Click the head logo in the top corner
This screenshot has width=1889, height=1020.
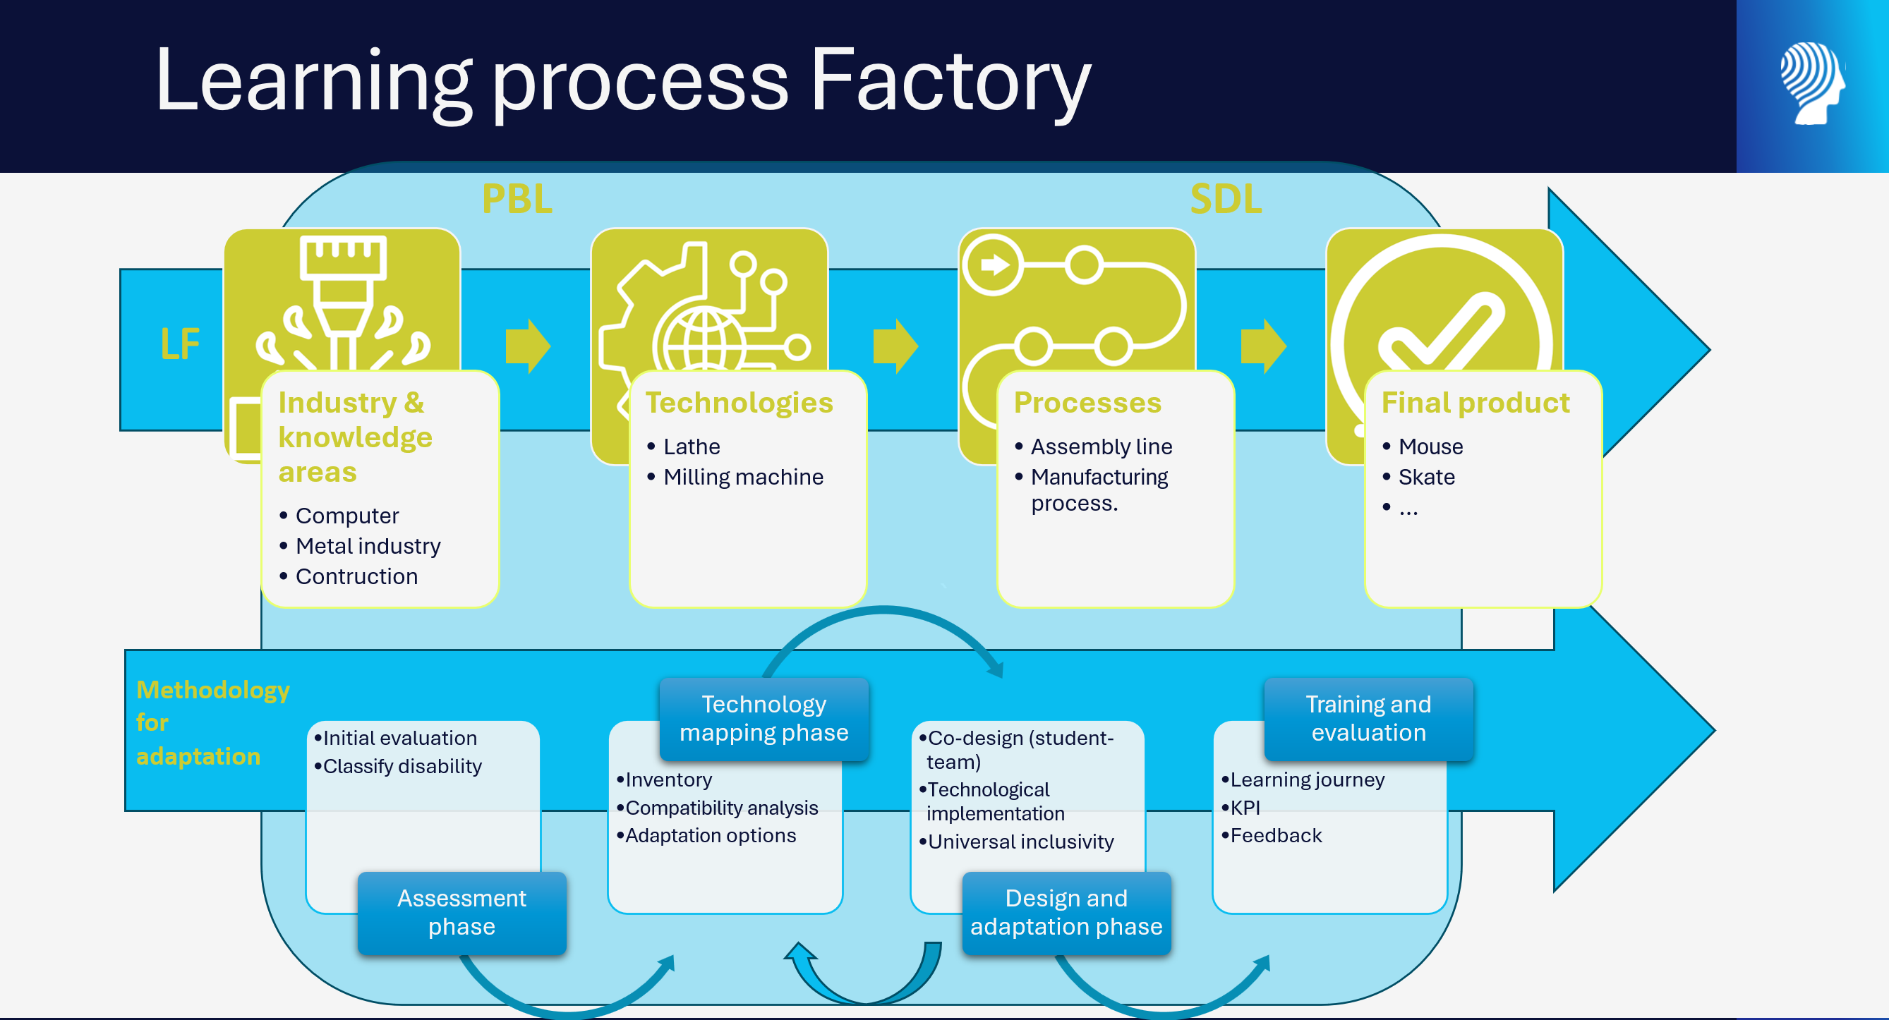tap(1812, 83)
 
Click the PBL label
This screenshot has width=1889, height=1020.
tap(517, 199)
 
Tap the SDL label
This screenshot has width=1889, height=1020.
tap(1226, 199)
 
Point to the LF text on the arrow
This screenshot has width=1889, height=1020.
tap(180, 344)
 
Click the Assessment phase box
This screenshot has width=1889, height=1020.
tap(462, 912)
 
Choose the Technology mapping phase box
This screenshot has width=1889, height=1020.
tap(764, 719)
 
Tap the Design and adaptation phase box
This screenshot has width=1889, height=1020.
tap(1066, 912)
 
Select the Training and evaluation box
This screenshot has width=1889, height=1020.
tap(1368, 719)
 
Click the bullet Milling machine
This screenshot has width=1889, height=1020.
tap(735, 477)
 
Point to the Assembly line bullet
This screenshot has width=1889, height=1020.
tap(1093, 447)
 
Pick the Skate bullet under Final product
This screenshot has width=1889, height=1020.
tap(1418, 477)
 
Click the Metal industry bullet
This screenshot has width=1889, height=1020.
tap(360, 545)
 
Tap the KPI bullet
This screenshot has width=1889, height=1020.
tap(1241, 808)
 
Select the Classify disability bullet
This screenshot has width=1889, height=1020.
tap(398, 765)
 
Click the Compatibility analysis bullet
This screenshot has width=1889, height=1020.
tap(717, 808)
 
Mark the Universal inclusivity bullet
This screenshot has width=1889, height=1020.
tap(1016, 841)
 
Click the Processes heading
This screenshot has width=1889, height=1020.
tap(1087, 403)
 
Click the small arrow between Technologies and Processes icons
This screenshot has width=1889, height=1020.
tap(895, 346)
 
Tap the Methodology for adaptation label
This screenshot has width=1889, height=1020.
tap(212, 722)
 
